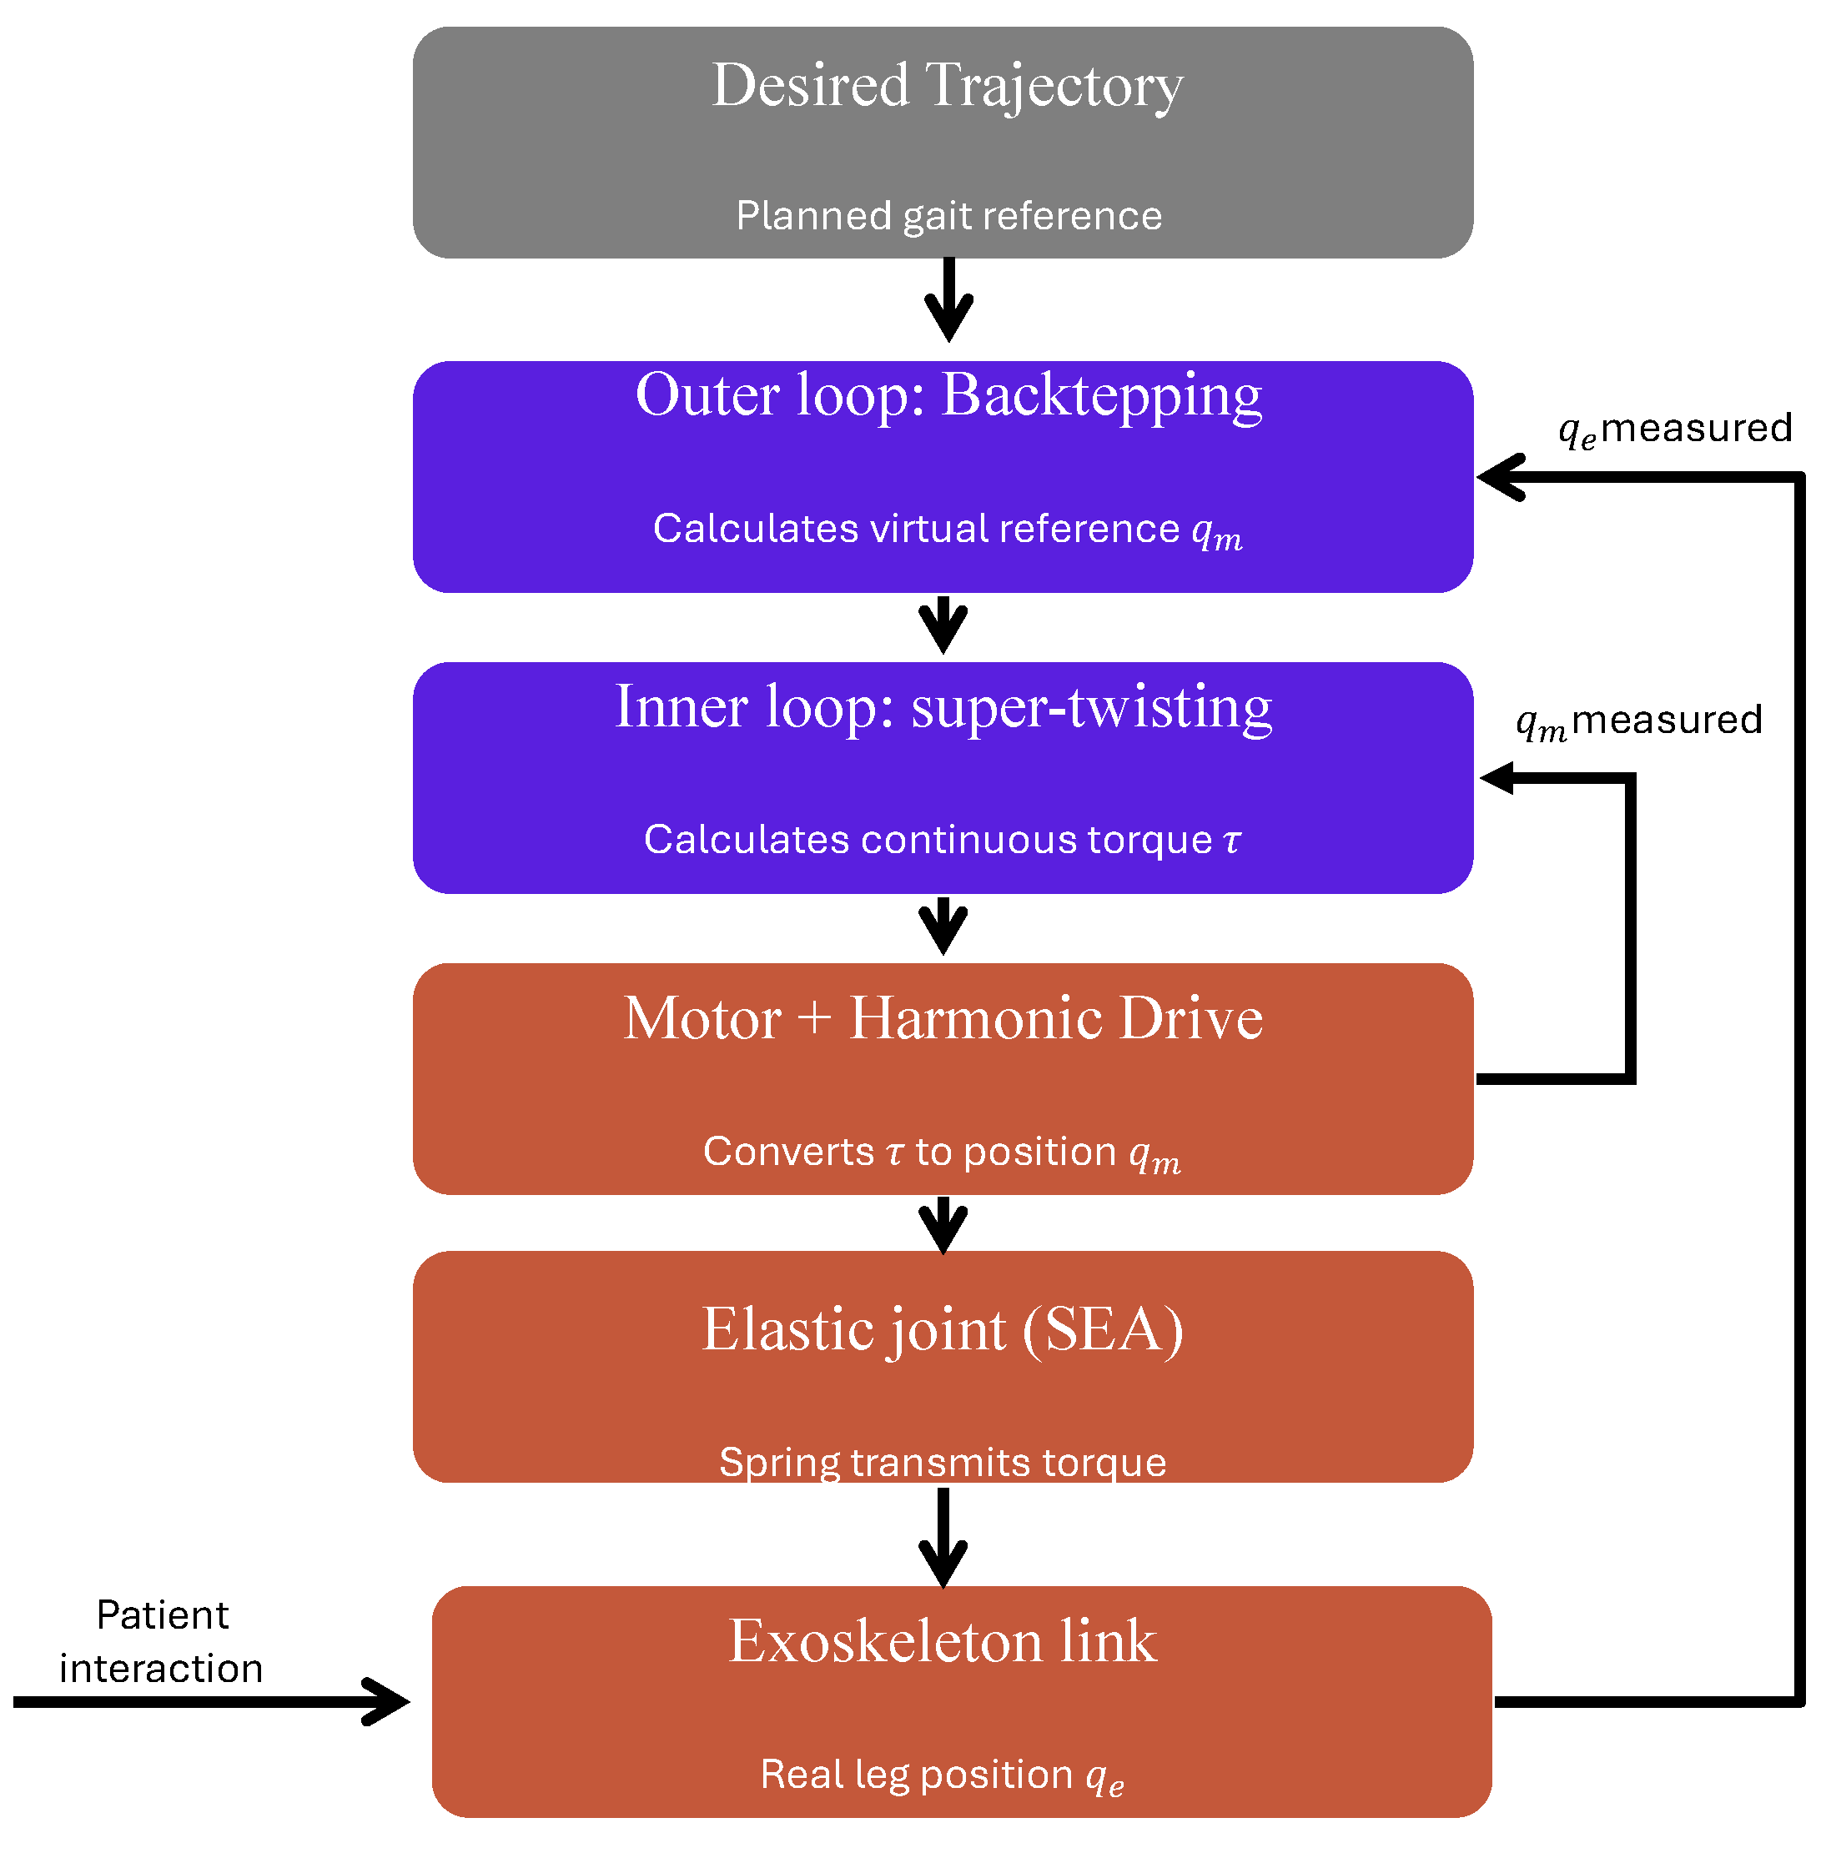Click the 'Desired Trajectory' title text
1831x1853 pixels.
tap(947, 87)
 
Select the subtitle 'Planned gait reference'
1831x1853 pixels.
tap(948, 216)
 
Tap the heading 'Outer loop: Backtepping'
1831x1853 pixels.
tap(948, 396)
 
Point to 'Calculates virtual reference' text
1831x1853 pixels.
tap(916, 529)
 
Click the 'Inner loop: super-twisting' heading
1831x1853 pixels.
tap(943, 708)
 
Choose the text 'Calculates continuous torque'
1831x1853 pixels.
tap(928, 839)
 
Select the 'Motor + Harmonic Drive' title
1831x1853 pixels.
tap(943, 1017)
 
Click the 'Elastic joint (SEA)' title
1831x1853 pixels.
tap(943, 1330)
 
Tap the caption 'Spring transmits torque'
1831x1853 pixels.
tap(943, 1463)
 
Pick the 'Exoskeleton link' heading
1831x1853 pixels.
tap(943, 1641)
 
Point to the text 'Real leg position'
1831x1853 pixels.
tap(916, 1775)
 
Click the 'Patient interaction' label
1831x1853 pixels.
tap(161, 1642)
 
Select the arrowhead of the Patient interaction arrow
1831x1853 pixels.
tap(391, 1702)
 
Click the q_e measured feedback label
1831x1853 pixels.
tap(1675, 429)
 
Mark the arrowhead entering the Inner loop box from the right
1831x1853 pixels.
tap(1496, 778)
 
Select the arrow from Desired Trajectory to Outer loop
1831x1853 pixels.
tap(948, 299)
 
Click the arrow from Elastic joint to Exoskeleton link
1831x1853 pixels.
tap(943, 1539)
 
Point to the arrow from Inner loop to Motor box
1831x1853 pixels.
tap(943, 926)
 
